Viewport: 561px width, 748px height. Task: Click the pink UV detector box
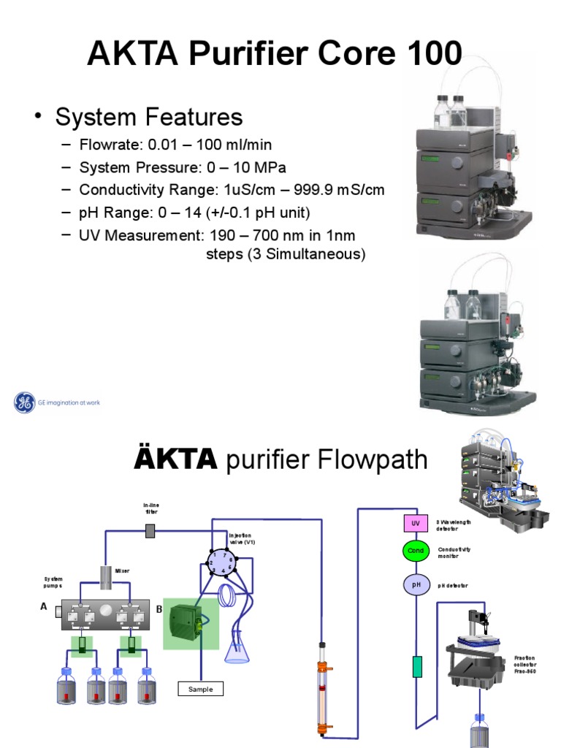pyautogui.click(x=415, y=523)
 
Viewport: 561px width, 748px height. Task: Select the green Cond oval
pyautogui.click(x=415, y=551)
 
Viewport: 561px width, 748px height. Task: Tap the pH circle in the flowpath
pyautogui.click(x=415, y=584)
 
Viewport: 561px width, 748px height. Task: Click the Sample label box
pyautogui.click(x=201, y=689)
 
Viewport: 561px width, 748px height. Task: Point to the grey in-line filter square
pyautogui.click(x=150, y=531)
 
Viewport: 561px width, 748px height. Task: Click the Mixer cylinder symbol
pyautogui.click(x=107, y=578)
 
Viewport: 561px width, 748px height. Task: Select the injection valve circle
pyautogui.click(x=221, y=562)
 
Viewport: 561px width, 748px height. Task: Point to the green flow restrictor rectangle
pyautogui.click(x=417, y=666)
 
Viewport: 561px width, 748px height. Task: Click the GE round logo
pyautogui.click(x=25, y=402)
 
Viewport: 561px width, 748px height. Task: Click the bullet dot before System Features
pyautogui.click(x=36, y=117)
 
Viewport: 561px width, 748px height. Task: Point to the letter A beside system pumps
pyautogui.click(x=43, y=606)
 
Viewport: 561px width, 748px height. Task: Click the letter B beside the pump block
pyautogui.click(x=159, y=608)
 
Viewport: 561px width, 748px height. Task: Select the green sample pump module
pyautogui.click(x=190, y=623)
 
